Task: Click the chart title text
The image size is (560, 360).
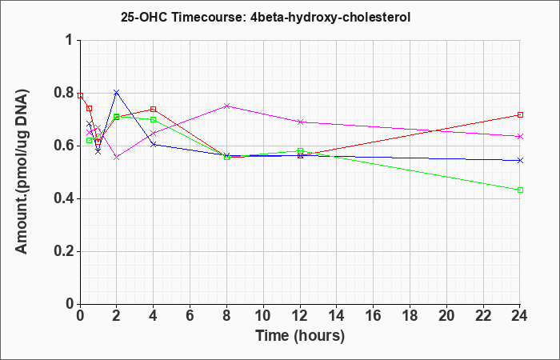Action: point(266,17)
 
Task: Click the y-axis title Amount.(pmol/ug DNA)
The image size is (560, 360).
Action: point(22,172)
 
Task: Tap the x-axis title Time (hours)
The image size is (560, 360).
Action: point(300,336)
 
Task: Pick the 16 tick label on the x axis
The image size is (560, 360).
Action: point(374,316)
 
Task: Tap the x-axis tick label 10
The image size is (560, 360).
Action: point(263,316)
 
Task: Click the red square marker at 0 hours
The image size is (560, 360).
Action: point(80,96)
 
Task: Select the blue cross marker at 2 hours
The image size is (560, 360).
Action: point(117,93)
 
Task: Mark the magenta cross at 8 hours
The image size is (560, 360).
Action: point(226,106)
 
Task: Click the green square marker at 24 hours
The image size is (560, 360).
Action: point(520,190)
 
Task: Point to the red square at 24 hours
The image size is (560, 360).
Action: point(520,114)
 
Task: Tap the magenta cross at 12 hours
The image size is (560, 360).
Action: point(300,122)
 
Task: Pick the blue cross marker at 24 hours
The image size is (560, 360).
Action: point(520,160)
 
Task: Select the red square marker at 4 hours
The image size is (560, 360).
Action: point(154,109)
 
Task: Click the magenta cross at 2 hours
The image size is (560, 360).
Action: point(117,157)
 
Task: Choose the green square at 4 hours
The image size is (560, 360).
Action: point(154,119)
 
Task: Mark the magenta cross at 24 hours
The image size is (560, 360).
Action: point(520,137)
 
